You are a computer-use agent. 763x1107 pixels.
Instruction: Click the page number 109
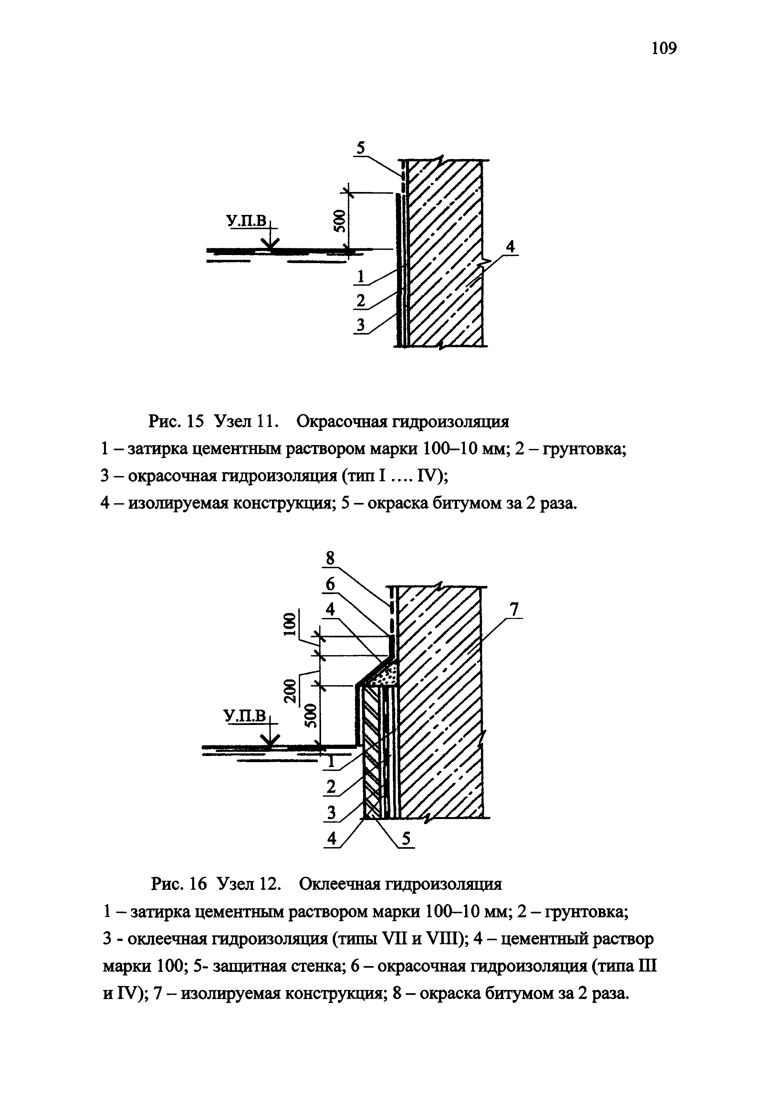[664, 48]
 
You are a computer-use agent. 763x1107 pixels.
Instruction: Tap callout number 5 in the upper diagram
[361, 148]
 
